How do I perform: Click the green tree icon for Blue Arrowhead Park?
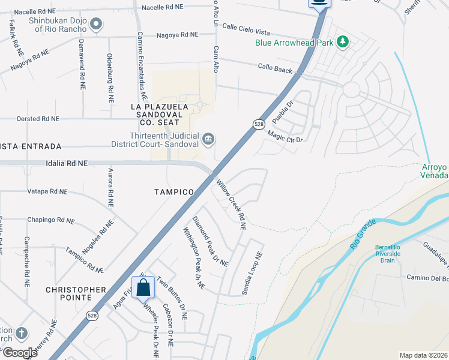(343, 42)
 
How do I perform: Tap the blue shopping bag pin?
(143, 288)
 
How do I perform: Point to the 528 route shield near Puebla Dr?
(258, 124)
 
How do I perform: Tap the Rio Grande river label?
(363, 236)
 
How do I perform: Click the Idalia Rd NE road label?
(67, 163)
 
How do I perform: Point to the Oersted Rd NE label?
(38, 119)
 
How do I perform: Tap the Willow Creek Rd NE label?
(231, 205)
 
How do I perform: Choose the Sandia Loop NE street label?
(252, 273)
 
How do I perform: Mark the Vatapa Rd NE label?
(50, 191)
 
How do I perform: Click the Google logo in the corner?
(19, 352)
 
